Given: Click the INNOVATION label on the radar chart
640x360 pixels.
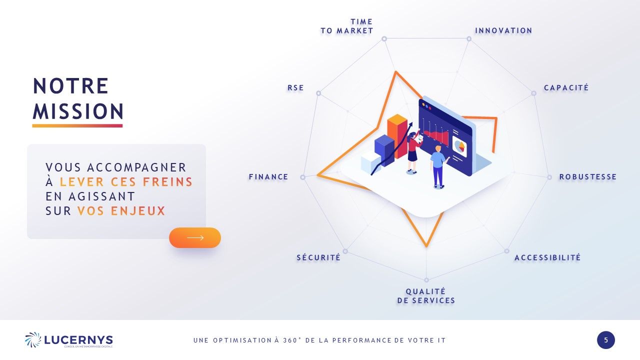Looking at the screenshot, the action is coord(503,30).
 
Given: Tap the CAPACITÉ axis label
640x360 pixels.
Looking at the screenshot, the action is coord(566,87).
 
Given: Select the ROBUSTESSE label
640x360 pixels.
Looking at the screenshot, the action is coord(587,177).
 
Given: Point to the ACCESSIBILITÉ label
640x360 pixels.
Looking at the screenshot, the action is coord(547,257).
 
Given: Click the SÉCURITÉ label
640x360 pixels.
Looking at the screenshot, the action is coord(318,257).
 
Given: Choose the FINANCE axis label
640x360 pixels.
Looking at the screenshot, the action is coord(268,177).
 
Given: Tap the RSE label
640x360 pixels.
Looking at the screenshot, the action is coord(295,87).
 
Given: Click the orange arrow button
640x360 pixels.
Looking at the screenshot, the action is coord(195,237).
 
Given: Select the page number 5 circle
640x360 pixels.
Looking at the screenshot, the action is coord(605,340).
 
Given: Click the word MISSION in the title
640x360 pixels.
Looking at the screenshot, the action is coord(78,111).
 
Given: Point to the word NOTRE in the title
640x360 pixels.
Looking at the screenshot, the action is coord(70,85).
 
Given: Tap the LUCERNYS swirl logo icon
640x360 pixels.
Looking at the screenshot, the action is coord(33,339).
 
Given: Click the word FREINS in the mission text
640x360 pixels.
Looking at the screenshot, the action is coord(167,182).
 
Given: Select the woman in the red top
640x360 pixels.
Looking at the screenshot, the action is coord(413,153).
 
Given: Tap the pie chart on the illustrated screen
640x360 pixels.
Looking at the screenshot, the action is coord(459,146).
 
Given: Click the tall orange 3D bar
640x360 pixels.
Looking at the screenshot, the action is coord(397,136).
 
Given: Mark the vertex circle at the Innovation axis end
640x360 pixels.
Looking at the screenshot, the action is coord(469,39).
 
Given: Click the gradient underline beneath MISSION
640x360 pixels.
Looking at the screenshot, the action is coord(77,125).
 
